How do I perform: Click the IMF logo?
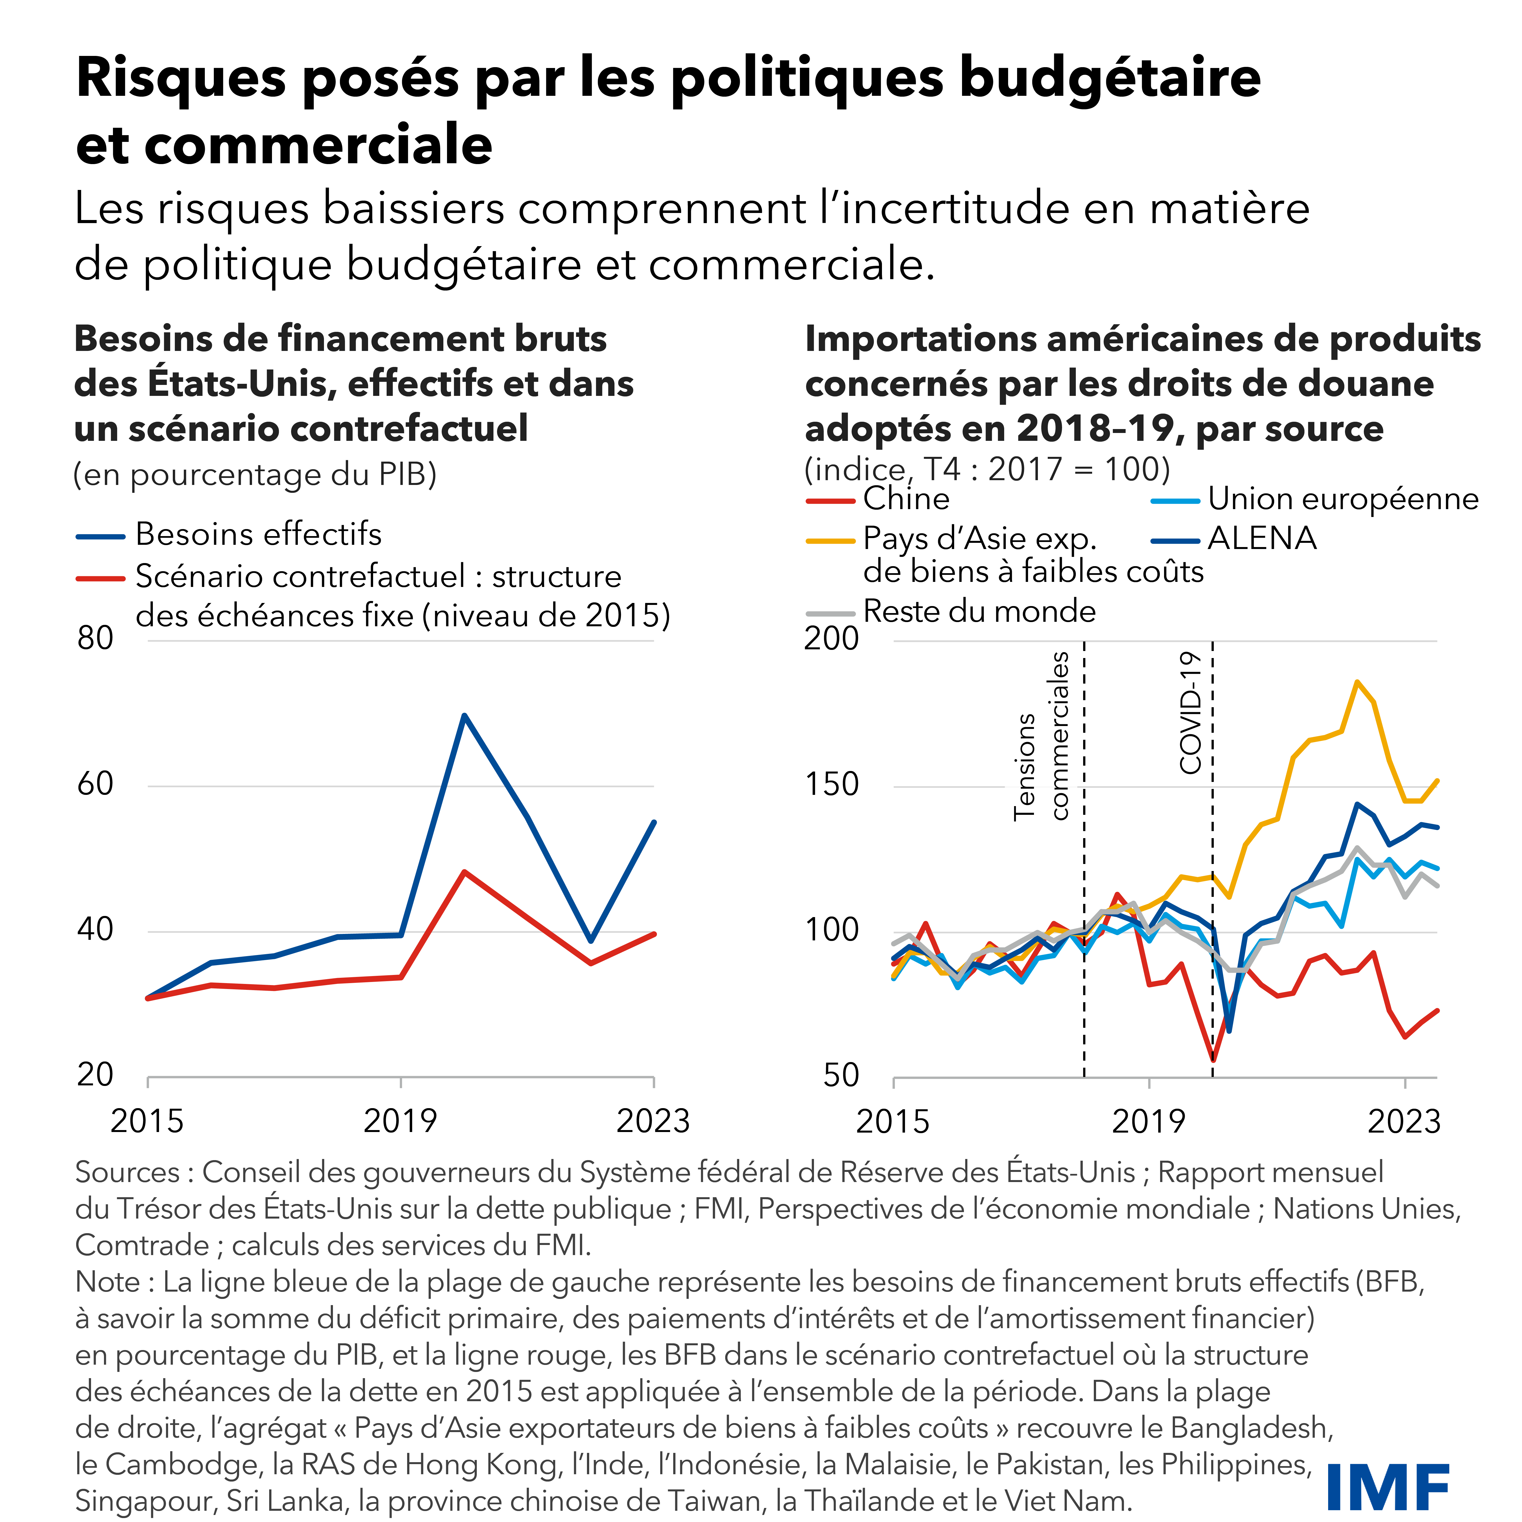1387,1487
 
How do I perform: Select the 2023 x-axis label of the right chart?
1404,1121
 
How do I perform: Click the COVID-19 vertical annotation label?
1190,713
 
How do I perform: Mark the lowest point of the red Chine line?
1213,1060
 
